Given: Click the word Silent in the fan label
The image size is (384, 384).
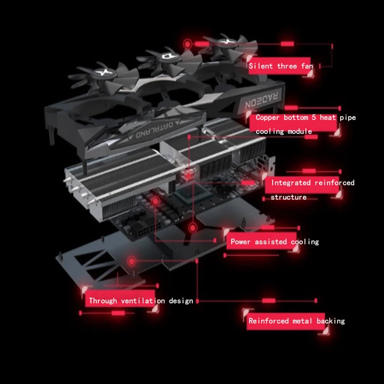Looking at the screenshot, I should [261, 66].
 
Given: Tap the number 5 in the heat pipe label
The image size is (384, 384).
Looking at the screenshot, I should [313, 118].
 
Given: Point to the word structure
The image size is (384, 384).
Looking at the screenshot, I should [288, 197].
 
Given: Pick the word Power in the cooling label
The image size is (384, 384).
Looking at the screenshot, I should [240, 242].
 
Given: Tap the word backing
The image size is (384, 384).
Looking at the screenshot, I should [331, 321].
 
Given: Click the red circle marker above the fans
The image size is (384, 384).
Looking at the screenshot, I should [188, 44].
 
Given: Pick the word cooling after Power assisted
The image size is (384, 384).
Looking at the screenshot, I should [304, 242].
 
